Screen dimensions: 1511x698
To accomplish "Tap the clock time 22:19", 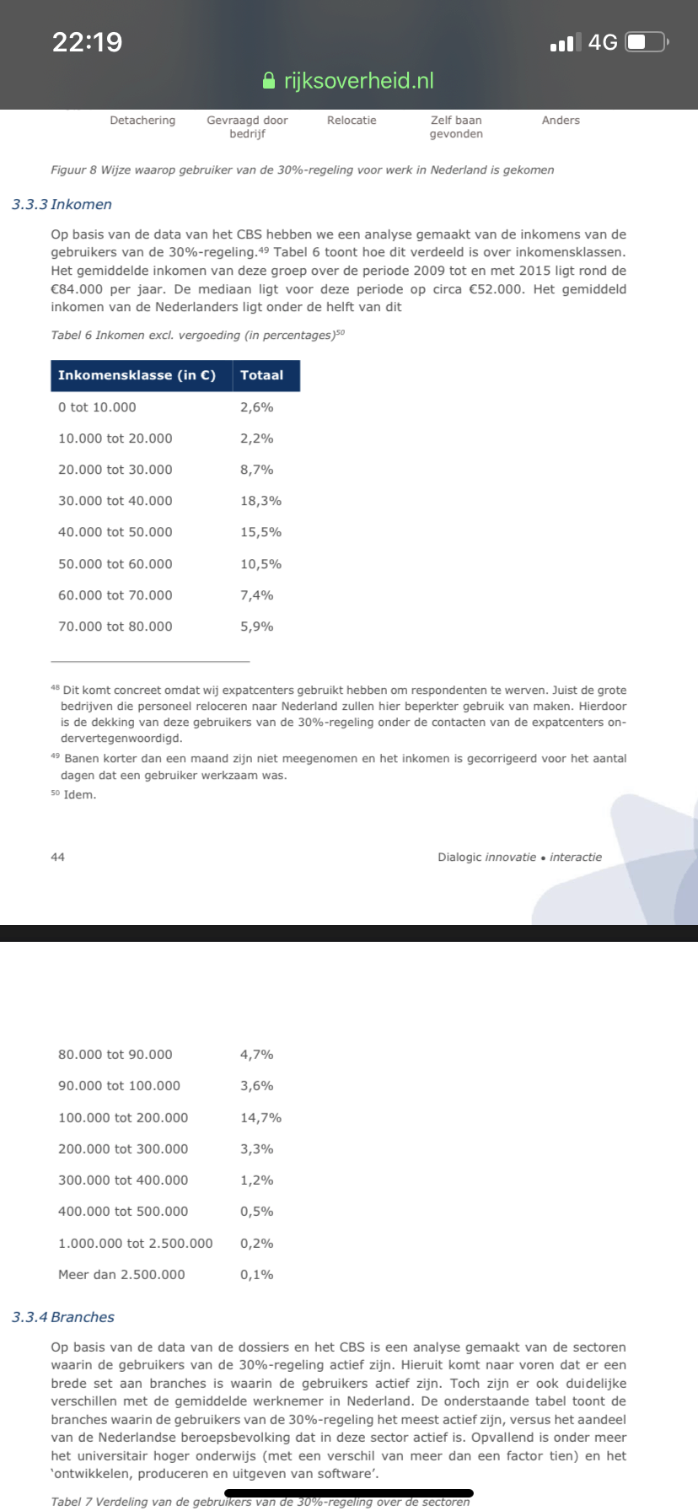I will tap(88, 41).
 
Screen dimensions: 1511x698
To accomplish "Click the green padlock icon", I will tap(269, 81).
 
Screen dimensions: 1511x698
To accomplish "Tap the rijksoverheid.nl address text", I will tap(359, 81).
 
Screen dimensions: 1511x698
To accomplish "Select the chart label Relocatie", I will tap(352, 121).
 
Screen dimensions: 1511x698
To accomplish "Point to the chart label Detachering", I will tap(142, 121).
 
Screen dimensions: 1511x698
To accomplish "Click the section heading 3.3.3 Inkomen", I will tap(62, 204).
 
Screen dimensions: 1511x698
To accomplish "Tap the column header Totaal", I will tap(261, 375).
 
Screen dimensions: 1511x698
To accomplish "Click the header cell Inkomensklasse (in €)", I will tap(137, 375).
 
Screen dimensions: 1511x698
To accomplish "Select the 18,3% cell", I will tap(260, 501).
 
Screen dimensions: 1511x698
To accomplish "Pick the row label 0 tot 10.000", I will tap(97, 407).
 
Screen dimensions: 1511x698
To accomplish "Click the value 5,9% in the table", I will tap(256, 626).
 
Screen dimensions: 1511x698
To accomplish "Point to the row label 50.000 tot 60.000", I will tap(115, 564).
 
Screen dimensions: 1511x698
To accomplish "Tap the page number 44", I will tap(57, 857).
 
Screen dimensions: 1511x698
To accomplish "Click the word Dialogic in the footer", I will tap(459, 857).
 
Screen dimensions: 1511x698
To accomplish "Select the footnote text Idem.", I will tap(80, 794).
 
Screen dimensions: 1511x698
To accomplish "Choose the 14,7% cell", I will tap(260, 1118).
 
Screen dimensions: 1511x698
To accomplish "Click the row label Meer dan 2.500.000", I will tap(121, 1275).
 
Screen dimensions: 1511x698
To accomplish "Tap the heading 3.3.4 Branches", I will tap(63, 1317).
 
